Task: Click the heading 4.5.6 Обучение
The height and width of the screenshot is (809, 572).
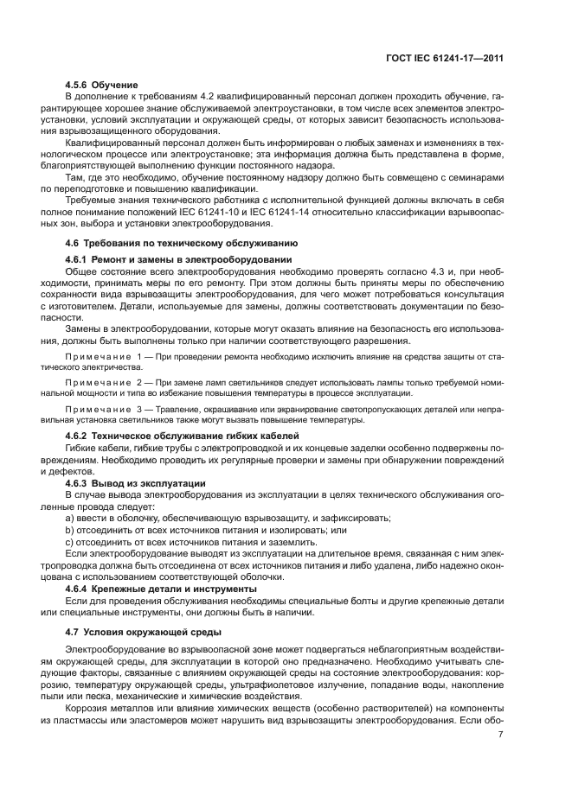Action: pos(102,84)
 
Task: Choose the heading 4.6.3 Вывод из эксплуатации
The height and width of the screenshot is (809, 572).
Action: pos(135,481)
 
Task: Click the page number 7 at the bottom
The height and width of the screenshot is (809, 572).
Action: pos(501,736)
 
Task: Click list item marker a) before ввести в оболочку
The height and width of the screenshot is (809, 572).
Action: pos(69,517)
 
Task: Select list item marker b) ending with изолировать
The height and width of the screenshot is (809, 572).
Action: pos(69,529)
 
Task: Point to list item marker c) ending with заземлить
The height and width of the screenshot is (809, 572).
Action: pos(69,541)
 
